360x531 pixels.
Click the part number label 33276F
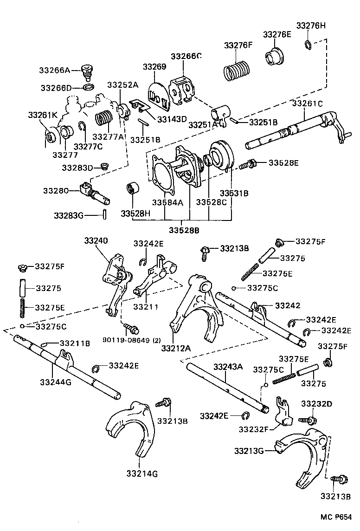point(238,45)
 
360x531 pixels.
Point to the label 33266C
point(186,56)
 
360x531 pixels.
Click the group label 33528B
point(184,230)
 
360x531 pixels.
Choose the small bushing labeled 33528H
point(133,190)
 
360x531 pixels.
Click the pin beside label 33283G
point(105,215)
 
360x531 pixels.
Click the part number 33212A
point(177,347)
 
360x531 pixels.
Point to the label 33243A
point(228,367)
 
